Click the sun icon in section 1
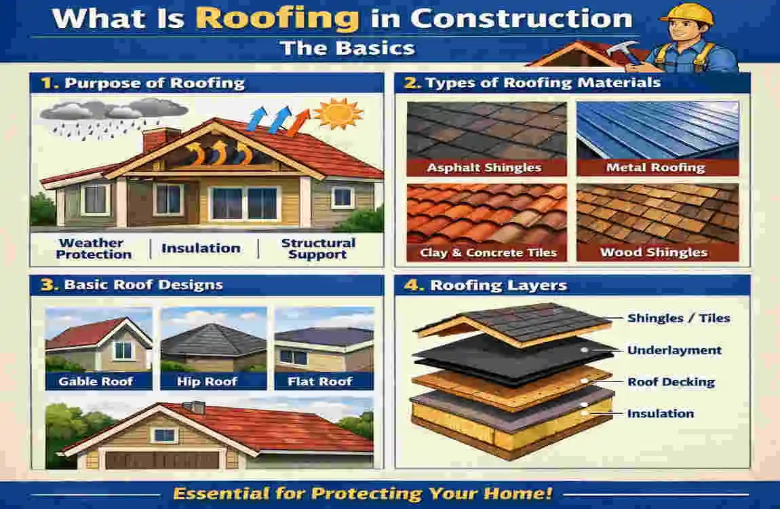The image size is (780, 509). coord(338,113)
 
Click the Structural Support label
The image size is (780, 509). coord(317,248)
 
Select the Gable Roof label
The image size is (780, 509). coord(96,381)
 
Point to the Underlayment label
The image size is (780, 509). coord(674,350)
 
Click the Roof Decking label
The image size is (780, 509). coord(671,381)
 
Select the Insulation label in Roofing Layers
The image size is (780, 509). coord(660,413)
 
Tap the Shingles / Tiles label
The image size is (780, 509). coord(678,318)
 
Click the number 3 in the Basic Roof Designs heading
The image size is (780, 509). coord(47,284)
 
